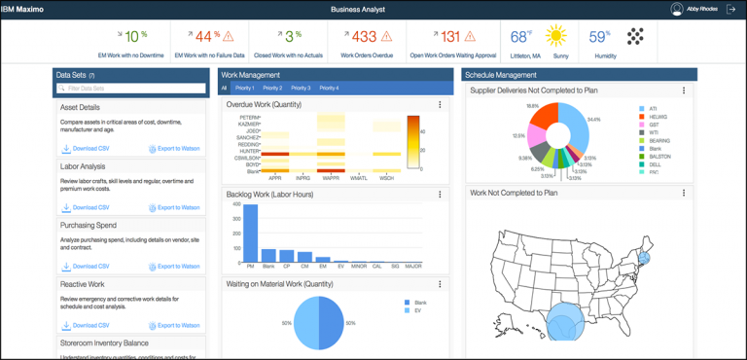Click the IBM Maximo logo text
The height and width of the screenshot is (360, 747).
[27, 9]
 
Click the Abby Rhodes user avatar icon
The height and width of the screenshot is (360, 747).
[677, 9]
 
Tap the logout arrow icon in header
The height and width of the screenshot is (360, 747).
[730, 9]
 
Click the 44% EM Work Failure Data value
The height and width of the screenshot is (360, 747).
[204, 37]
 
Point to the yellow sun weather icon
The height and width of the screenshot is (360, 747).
[555, 37]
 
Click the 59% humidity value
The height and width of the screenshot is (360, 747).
[599, 37]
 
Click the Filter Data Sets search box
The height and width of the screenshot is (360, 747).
[130, 89]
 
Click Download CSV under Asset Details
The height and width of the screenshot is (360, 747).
[86, 149]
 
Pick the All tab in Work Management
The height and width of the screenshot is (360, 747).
[224, 88]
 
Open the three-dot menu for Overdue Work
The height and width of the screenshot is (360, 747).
[440, 104]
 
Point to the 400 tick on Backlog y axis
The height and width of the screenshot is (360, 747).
[235, 206]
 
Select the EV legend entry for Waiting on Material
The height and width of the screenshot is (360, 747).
[415, 310]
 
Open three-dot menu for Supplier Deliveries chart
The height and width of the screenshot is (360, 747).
[684, 90]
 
